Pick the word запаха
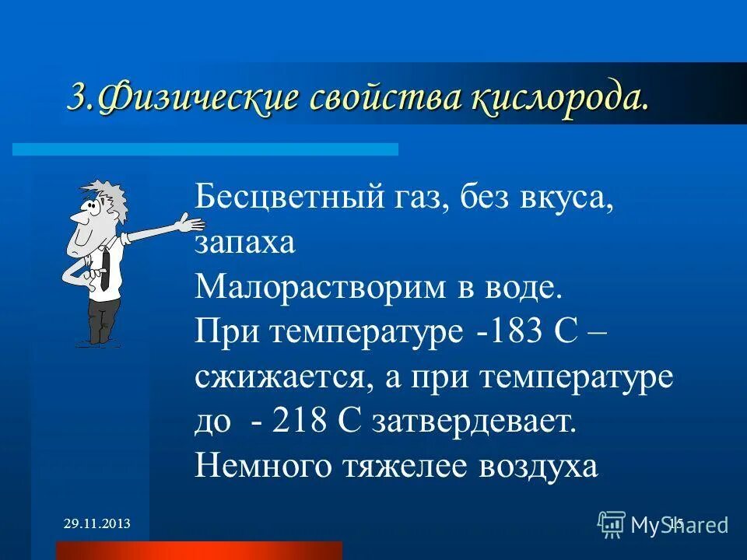pyautogui.click(x=245, y=243)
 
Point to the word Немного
pyautogui.click(x=261, y=466)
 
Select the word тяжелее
pyautogui.click(x=403, y=466)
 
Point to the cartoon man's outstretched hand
pyautogui.click(x=190, y=224)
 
